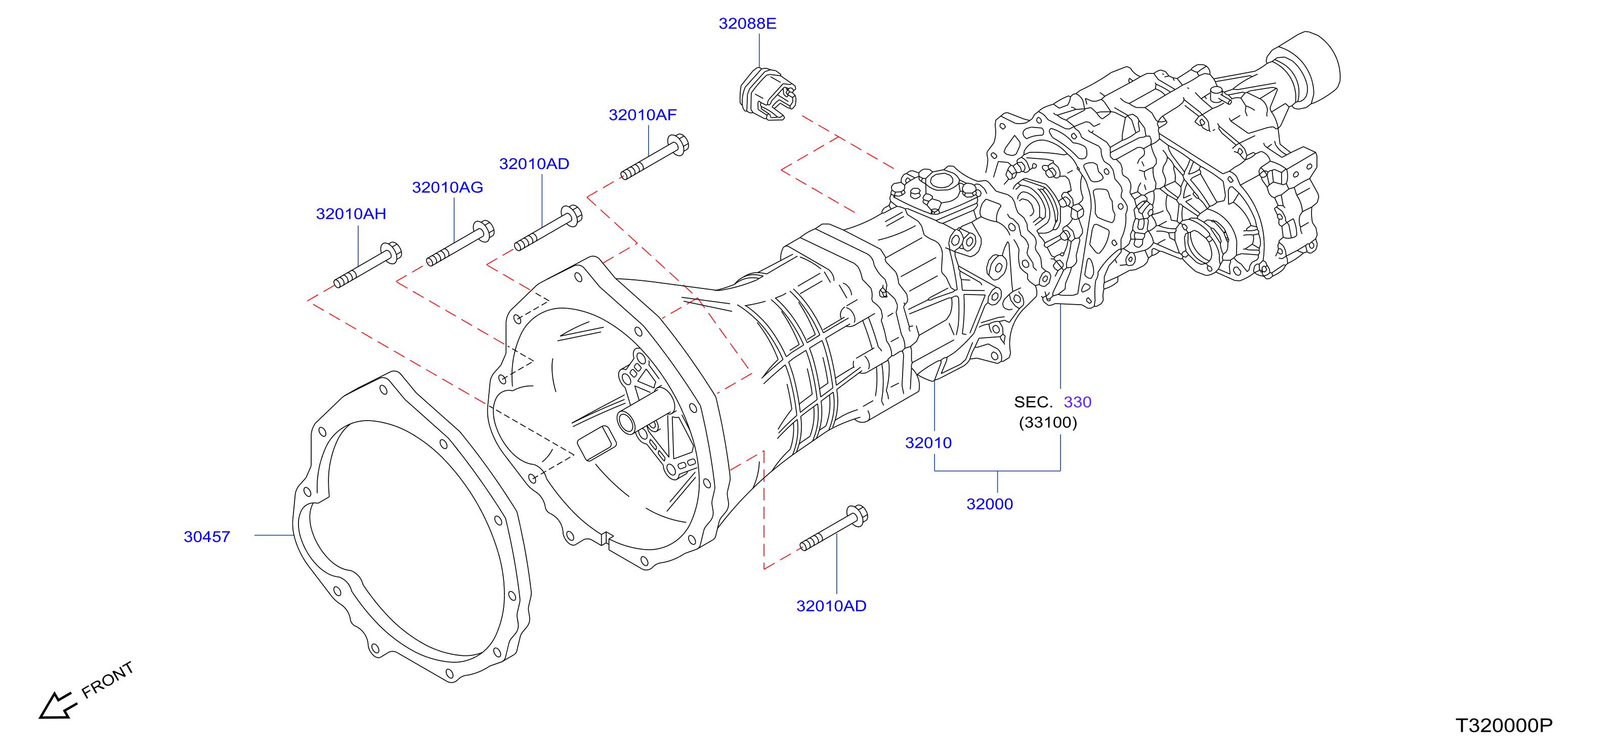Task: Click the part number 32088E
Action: (x=747, y=24)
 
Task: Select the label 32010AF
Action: (x=643, y=115)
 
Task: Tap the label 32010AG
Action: (x=448, y=187)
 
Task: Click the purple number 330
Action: (x=1078, y=402)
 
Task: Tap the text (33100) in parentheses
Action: (x=1048, y=423)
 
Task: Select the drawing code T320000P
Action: (x=1504, y=726)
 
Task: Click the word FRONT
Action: (x=107, y=680)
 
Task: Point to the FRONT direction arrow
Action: (x=58, y=706)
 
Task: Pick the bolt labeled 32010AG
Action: (x=460, y=243)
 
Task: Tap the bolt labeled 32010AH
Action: (x=367, y=265)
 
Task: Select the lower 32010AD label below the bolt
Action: (x=831, y=606)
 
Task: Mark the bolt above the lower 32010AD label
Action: (x=834, y=528)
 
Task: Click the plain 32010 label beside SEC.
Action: (x=928, y=443)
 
